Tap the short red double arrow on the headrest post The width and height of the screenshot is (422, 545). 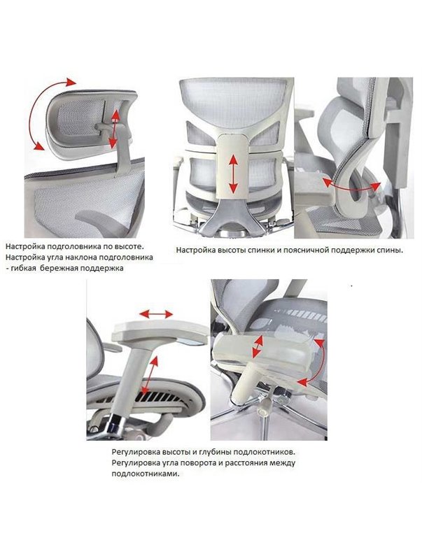113,129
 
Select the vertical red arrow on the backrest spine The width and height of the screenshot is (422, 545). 233,174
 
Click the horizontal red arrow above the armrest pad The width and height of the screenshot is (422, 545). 156,314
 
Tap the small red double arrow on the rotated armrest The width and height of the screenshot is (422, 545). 258,346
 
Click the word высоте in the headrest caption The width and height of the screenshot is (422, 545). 129,247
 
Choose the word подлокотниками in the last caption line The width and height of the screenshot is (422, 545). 146,474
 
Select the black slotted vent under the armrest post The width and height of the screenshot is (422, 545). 159,397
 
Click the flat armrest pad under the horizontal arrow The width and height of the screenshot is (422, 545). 160,332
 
